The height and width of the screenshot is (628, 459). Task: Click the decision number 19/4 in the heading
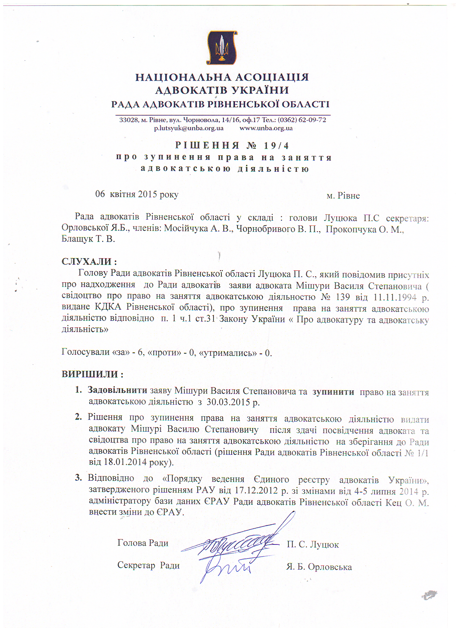click(x=276, y=145)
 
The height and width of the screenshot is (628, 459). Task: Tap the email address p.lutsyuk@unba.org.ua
click(x=189, y=128)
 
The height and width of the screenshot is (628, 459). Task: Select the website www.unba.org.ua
click(x=266, y=128)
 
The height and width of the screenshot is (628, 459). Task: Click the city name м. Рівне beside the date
click(x=343, y=196)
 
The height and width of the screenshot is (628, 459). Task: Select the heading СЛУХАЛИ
click(x=89, y=261)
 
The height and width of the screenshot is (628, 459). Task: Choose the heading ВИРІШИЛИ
click(x=92, y=374)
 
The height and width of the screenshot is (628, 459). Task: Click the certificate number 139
click(x=342, y=297)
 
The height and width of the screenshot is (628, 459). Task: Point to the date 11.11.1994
click(x=395, y=297)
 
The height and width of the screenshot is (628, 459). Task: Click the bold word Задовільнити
click(x=117, y=390)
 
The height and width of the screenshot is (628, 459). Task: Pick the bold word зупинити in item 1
click(x=333, y=392)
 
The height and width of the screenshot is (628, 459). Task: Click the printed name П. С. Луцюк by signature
click(x=312, y=544)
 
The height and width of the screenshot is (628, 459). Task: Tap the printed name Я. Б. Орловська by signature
click(x=319, y=567)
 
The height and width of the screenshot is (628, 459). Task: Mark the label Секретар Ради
click(x=148, y=565)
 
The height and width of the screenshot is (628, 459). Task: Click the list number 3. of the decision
click(x=78, y=478)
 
